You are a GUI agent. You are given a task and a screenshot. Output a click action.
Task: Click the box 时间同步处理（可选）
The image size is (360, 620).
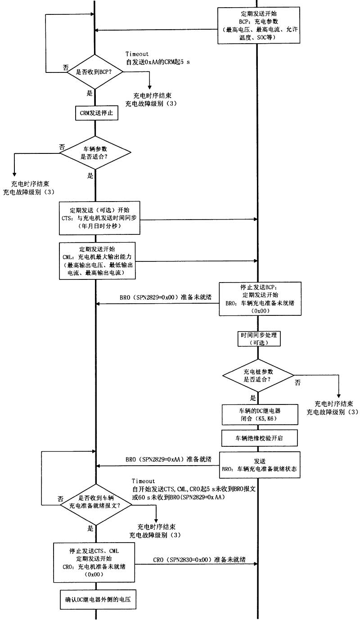pos(258,339)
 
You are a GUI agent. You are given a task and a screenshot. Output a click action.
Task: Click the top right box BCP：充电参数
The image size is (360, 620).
pos(258,25)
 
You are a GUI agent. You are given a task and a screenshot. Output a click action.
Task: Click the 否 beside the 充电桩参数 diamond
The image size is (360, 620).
pos(297,382)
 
